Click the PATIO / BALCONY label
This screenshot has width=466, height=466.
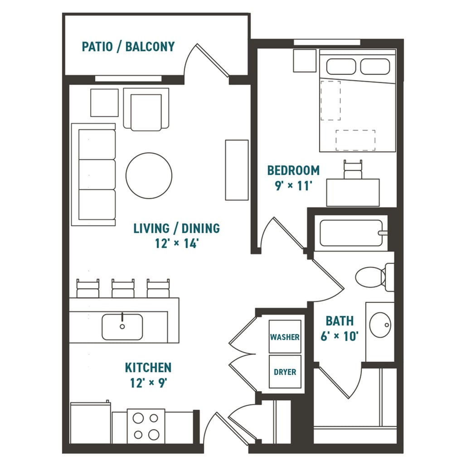pyautogui.click(x=128, y=47)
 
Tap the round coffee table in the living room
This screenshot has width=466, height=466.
pyautogui.click(x=149, y=175)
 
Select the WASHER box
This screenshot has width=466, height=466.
pyautogui.click(x=285, y=336)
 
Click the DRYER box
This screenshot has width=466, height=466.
pyautogui.click(x=285, y=372)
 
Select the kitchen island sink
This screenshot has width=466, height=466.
pyautogui.click(x=122, y=327)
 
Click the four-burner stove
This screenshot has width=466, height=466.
pyautogui.click(x=146, y=426)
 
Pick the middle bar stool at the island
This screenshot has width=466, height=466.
pyautogui.click(x=123, y=288)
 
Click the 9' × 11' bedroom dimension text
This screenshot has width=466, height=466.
pyautogui.click(x=293, y=186)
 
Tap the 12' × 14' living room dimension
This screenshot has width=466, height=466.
pyautogui.click(x=176, y=243)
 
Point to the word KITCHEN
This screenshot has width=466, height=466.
pyautogui.click(x=148, y=367)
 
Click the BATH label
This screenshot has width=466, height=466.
pyautogui.click(x=340, y=321)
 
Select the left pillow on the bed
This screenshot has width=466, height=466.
pyautogui.click(x=342, y=67)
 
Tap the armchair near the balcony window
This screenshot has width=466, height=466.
pyautogui.click(x=146, y=110)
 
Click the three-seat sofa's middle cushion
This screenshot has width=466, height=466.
pyautogui.click(x=97, y=174)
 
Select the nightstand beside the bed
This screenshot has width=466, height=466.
pyautogui.click(x=304, y=60)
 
